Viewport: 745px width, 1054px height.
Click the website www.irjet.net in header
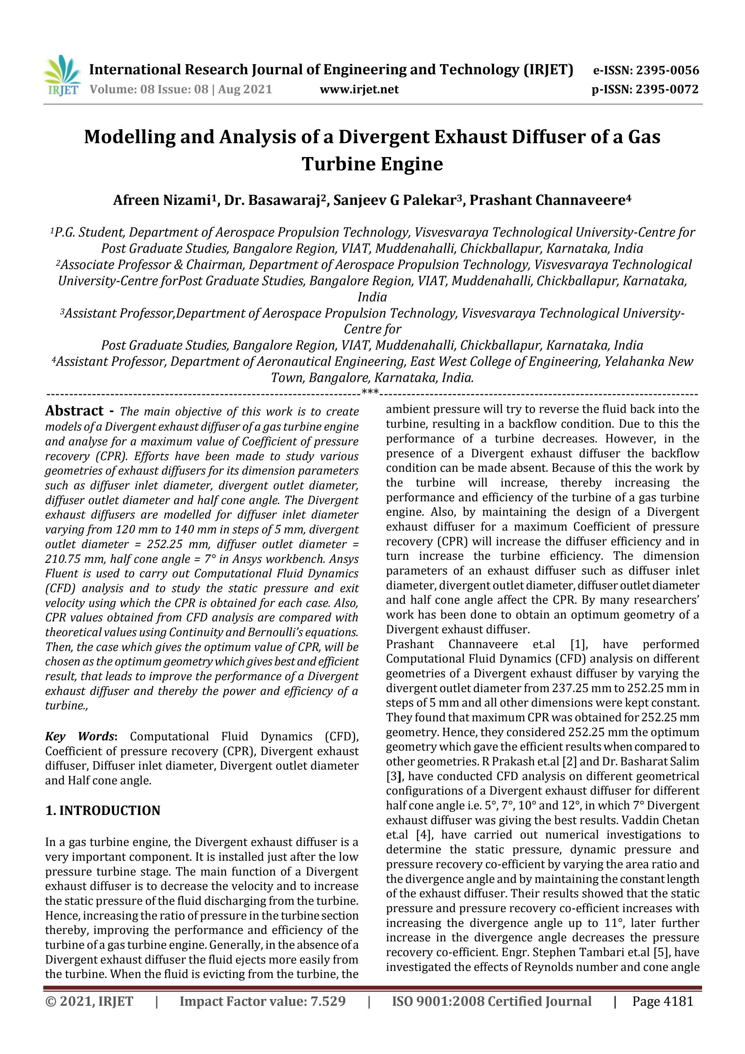pos(359,89)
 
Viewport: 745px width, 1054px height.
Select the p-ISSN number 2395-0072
pos(667,89)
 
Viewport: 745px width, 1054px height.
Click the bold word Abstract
pos(74,410)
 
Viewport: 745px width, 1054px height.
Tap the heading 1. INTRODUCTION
pos(103,810)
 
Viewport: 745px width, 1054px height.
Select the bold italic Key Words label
pos(80,736)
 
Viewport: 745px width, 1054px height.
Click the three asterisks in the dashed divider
pos(370,392)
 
